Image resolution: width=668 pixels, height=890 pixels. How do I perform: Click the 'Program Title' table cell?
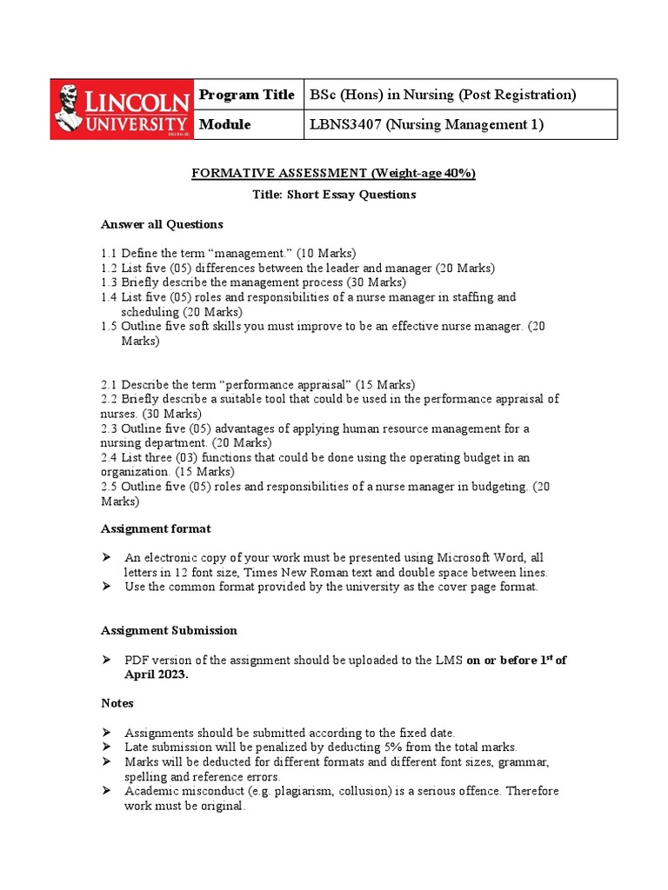tap(247, 94)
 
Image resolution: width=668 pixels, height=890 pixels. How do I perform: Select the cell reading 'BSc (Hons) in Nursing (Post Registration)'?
tap(443, 94)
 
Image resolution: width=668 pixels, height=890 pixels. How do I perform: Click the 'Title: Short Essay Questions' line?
tap(334, 195)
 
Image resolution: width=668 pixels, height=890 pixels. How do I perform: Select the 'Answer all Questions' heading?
tap(162, 224)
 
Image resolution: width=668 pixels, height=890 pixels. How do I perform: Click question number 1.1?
tap(110, 253)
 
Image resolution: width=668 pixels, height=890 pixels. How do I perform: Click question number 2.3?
tap(110, 428)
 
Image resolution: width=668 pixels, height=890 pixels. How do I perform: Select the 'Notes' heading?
tap(117, 702)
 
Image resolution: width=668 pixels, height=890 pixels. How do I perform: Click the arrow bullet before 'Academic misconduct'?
tap(107, 791)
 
